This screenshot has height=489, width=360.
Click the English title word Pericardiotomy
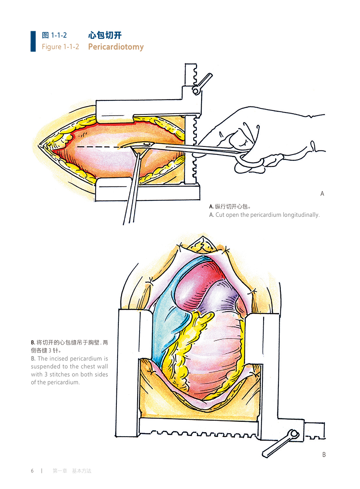click(116, 47)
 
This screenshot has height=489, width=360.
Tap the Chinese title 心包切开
click(105, 35)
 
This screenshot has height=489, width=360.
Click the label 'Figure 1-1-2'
click(60, 47)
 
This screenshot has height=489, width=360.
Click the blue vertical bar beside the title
click(33, 41)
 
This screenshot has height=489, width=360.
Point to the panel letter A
click(322, 194)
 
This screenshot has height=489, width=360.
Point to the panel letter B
click(324, 455)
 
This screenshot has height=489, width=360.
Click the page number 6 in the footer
click(32, 471)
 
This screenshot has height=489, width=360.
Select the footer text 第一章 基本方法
click(72, 471)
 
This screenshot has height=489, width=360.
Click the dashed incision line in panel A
click(100, 147)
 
